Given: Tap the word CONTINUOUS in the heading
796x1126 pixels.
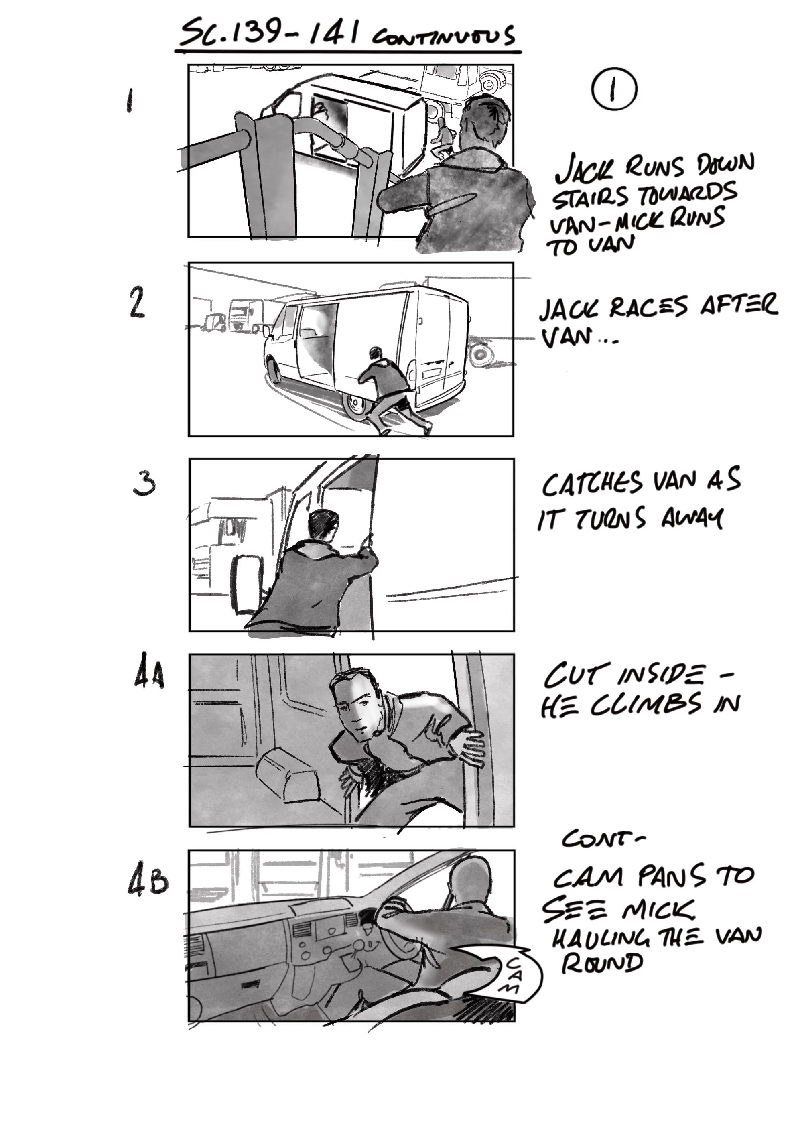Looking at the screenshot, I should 443,37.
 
